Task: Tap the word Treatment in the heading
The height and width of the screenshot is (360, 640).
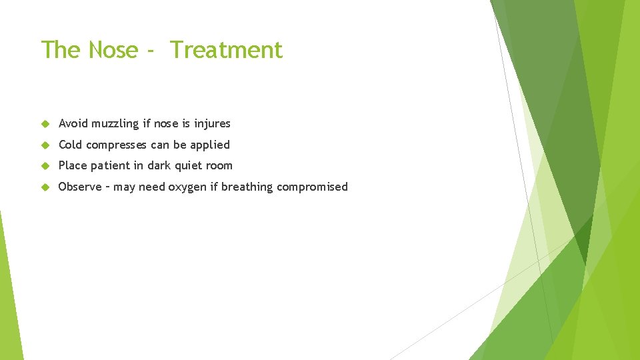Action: (226, 50)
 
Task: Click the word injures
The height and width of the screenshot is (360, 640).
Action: (212, 124)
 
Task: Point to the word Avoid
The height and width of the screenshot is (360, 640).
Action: (73, 123)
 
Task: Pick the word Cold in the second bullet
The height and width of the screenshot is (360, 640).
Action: (71, 145)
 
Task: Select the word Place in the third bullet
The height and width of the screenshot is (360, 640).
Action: (72, 165)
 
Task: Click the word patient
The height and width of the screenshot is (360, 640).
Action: (109, 166)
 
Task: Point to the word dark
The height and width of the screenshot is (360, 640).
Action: (159, 165)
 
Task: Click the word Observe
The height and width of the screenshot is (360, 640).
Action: (80, 187)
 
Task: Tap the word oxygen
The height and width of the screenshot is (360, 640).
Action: (187, 187)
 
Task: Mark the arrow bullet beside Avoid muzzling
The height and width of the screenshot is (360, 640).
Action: (45, 124)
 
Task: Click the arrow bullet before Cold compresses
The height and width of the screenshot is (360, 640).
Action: (45, 145)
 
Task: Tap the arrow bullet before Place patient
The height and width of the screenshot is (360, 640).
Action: (45, 166)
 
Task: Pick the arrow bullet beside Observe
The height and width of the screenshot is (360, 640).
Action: (45, 187)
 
